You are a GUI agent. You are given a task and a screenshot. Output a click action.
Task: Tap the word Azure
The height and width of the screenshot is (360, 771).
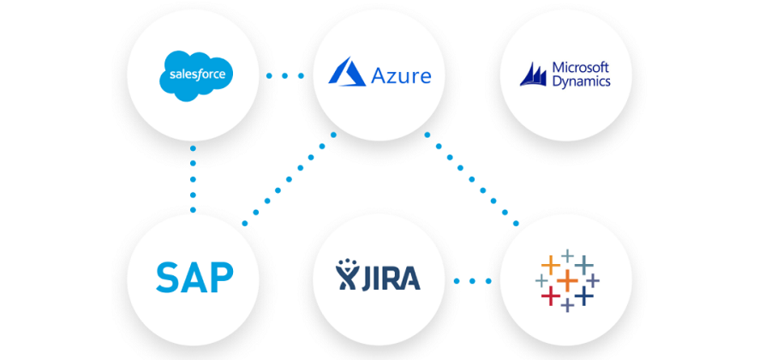(401, 76)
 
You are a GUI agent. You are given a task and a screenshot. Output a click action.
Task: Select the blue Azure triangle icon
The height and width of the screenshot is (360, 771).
(347, 73)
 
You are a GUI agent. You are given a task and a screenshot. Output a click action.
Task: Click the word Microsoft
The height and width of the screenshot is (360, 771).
(580, 67)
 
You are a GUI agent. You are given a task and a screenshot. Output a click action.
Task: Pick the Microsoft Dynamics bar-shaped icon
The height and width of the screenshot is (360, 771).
(533, 75)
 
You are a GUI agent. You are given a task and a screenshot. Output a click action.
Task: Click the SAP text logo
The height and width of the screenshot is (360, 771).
(194, 278)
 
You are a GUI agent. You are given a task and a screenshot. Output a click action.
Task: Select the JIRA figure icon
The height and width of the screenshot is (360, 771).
(348, 276)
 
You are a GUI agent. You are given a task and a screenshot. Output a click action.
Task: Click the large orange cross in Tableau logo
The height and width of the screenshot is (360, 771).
(566, 279)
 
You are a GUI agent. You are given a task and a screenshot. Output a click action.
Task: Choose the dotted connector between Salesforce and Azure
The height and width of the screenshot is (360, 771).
(285, 75)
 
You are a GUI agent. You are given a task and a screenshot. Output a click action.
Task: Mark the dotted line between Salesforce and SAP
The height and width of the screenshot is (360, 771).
(193, 179)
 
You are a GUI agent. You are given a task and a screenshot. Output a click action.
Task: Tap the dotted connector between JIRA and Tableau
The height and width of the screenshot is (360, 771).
(472, 279)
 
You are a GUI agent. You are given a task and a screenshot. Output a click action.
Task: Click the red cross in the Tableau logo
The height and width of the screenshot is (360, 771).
(549, 297)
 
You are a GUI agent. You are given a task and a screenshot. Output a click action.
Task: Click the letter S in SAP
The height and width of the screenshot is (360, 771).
(167, 278)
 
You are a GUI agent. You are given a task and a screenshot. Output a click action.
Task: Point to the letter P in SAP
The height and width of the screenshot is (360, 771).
(222, 278)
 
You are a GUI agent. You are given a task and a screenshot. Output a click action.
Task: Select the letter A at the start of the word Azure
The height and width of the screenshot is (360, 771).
(380, 76)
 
